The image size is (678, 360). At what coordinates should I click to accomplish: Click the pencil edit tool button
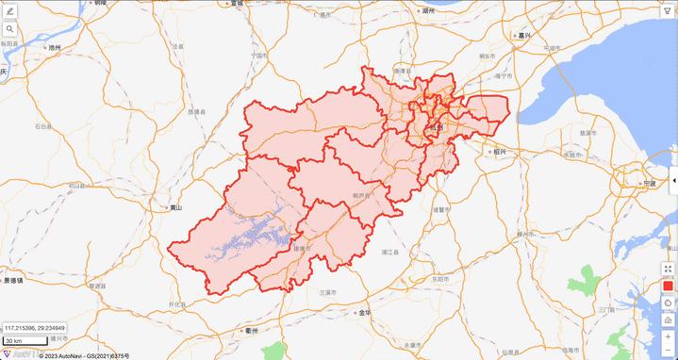tap(9, 11)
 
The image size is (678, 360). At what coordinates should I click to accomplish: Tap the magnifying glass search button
tap(9, 29)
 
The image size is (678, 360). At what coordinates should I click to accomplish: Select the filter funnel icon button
tap(668, 11)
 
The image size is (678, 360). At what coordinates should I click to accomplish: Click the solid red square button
tap(668, 286)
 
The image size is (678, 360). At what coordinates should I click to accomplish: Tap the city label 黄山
tap(174, 207)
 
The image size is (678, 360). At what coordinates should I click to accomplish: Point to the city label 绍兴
tap(499, 151)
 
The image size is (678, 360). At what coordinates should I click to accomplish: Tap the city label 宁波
tap(648, 183)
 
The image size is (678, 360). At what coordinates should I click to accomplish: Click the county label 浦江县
tap(390, 253)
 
